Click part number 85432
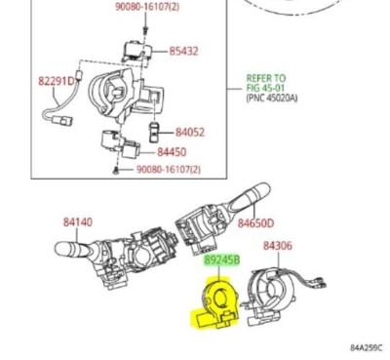tap(183, 50)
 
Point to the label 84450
tap(172, 152)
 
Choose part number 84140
tap(78, 222)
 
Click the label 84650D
tap(255, 222)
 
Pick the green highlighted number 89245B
tap(220, 261)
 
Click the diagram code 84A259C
tap(367, 346)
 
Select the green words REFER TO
tap(265, 77)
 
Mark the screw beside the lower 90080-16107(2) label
tap(118, 170)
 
